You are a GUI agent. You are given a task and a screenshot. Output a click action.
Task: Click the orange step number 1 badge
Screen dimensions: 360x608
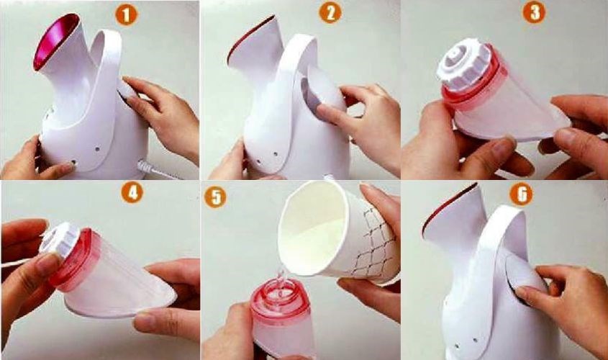coord(126,13)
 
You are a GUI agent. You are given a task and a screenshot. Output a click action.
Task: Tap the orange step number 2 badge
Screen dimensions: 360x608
coord(331,13)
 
